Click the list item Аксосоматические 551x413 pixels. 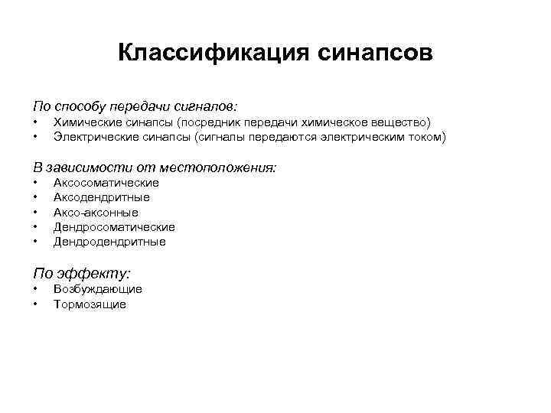point(106,183)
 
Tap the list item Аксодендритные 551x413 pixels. point(102,197)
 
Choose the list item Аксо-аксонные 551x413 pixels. point(96,213)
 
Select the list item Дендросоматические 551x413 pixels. point(114,227)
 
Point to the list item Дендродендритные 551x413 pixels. point(109,242)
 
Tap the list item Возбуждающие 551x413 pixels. point(98,289)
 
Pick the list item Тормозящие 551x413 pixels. point(90,304)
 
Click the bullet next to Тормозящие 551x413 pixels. point(35,304)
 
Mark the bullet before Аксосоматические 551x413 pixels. point(35,183)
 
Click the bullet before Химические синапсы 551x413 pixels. point(35,122)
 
